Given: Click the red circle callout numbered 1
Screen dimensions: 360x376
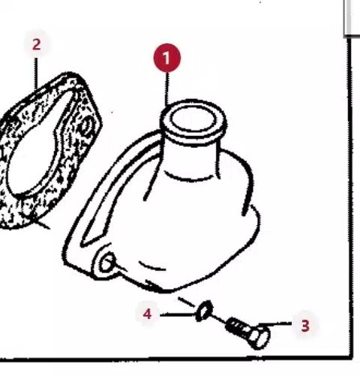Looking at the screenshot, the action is (167, 58).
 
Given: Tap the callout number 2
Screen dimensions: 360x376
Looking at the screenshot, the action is (37, 44).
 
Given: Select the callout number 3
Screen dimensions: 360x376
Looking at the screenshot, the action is (305, 326).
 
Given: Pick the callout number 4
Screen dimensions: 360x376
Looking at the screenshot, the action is (148, 314).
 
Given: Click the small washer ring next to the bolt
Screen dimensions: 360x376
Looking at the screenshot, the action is (204, 311).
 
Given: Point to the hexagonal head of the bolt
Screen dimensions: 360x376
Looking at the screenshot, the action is (260, 338).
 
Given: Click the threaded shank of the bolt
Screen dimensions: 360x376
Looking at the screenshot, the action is (238, 326).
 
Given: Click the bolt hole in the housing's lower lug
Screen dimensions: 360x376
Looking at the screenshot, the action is (107, 263).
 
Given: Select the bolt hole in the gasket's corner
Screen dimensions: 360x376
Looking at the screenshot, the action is (85, 126).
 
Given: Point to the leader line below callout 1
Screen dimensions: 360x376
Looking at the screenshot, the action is (166, 88).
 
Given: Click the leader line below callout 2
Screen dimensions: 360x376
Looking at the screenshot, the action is (36, 73).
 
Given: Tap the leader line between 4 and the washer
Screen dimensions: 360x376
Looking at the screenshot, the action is (178, 314).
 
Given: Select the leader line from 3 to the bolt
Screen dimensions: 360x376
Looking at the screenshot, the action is (275, 323).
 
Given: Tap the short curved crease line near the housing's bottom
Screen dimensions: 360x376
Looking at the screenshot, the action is (152, 266).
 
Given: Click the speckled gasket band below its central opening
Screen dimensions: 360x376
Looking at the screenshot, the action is (32, 208).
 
